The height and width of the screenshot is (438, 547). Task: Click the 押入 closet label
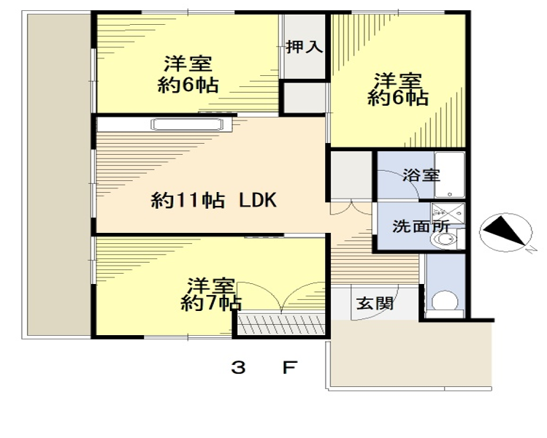tap(305, 47)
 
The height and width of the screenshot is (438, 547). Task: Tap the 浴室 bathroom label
tap(421, 175)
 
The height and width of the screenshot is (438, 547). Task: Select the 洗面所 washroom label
tap(421, 227)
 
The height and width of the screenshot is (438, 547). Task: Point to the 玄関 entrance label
tap(375, 304)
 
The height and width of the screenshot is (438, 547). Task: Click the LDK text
tap(258, 200)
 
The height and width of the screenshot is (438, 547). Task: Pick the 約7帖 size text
tap(211, 304)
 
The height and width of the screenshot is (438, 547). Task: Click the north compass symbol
tap(506, 232)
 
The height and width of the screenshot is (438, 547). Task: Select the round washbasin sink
tap(444, 239)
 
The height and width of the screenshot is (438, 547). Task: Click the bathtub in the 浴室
tap(449, 174)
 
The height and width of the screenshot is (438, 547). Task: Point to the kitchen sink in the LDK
tap(187, 125)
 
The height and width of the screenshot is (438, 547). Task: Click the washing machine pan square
tap(448, 213)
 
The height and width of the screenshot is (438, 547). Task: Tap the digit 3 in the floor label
tap(238, 368)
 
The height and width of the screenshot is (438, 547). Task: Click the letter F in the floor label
tap(289, 368)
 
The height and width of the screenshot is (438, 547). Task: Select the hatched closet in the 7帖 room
tap(281, 324)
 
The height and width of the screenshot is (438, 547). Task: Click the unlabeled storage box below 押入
tap(305, 98)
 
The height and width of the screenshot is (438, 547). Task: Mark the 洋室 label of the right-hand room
tap(398, 81)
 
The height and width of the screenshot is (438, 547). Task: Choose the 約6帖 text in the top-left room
tap(188, 85)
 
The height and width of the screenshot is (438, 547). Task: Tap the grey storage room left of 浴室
tap(351, 175)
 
